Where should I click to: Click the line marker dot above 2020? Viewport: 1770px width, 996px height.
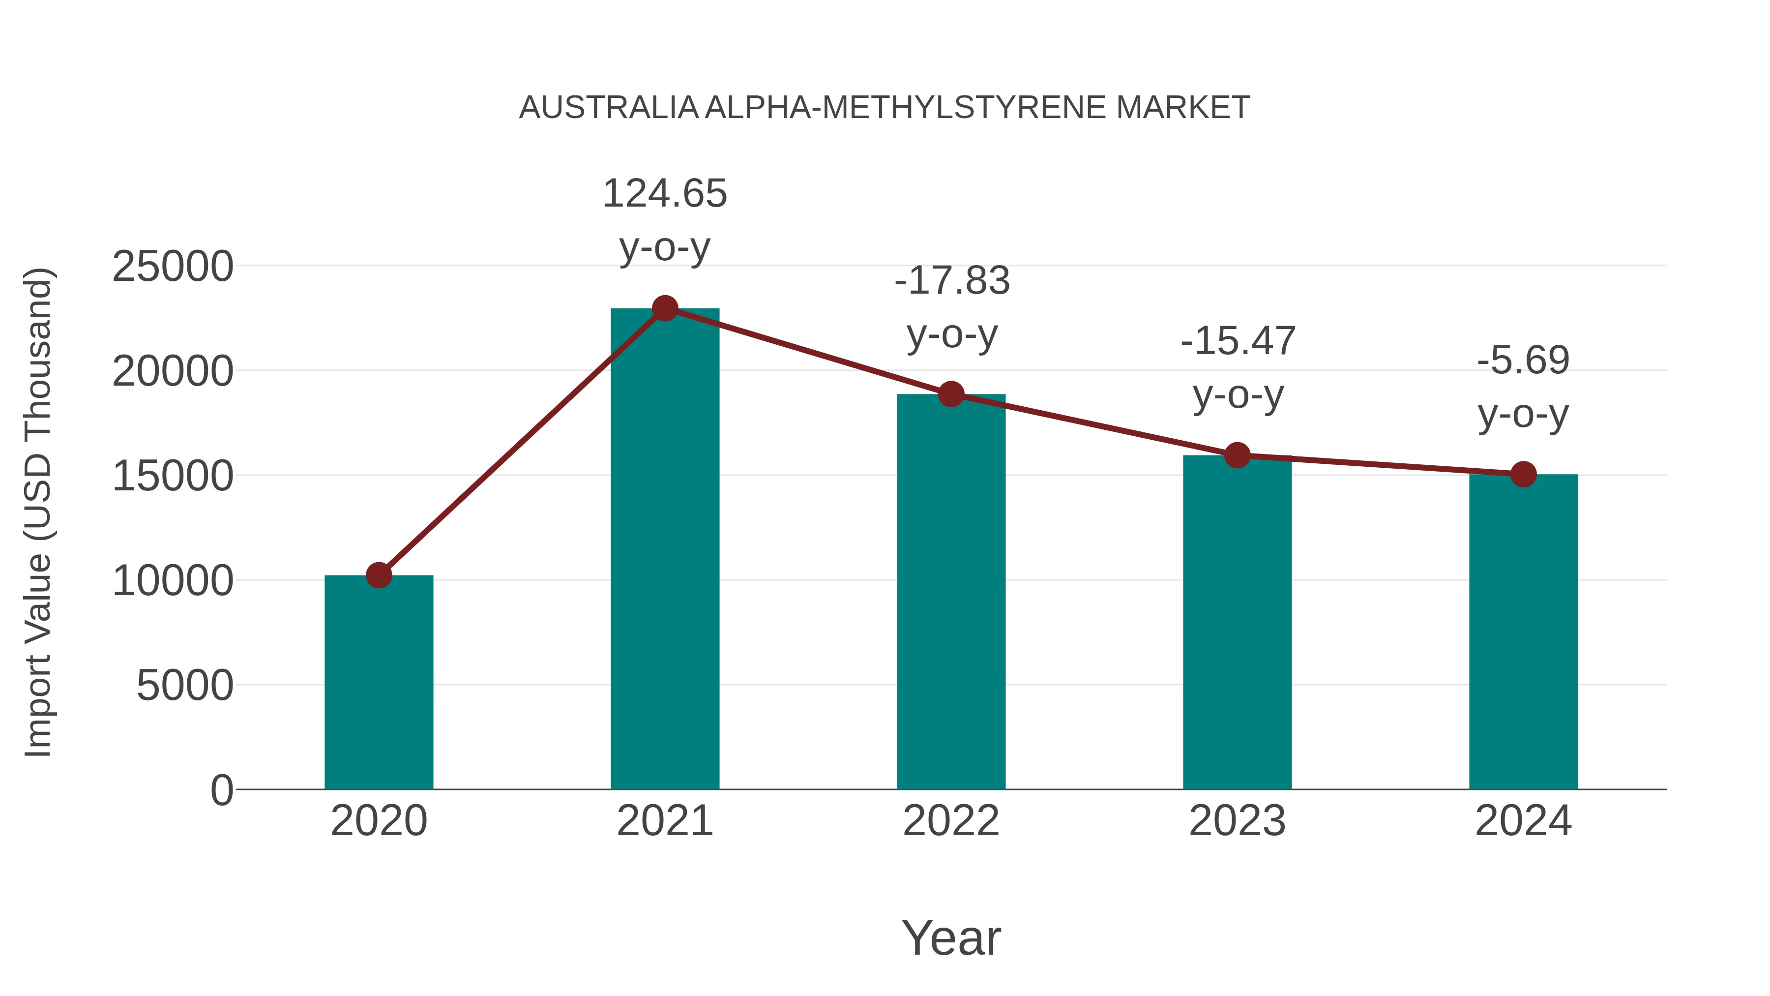pyautogui.click(x=379, y=575)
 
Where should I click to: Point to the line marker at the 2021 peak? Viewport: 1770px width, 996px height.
pyautogui.click(x=664, y=308)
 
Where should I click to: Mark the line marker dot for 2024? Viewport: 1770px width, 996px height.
pyautogui.click(x=1523, y=474)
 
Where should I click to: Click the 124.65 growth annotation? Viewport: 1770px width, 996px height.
pyautogui.click(x=664, y=193)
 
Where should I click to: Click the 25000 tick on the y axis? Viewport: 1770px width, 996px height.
pyautogui.click(x=173, y=267)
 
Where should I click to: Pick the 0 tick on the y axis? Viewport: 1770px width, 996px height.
pyautogui.click(x=222, y=790)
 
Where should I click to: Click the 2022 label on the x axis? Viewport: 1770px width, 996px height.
pyautogui.click(x=951, y=821)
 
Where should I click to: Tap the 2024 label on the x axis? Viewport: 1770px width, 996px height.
pyautogui.click(x=1523, y=821)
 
